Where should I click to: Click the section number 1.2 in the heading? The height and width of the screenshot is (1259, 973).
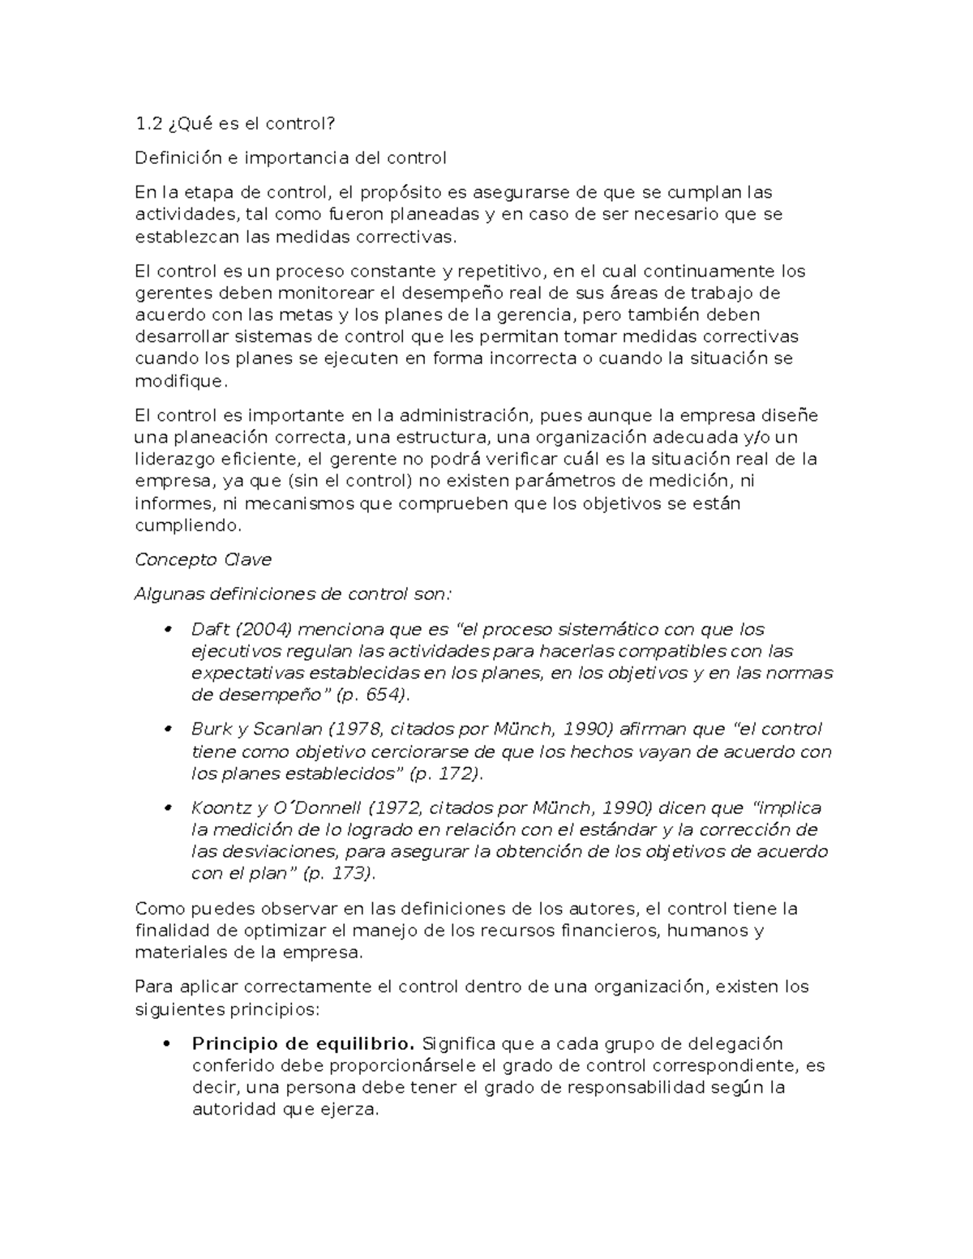pos(148,123)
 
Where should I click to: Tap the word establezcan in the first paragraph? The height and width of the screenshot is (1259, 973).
pos(179,237)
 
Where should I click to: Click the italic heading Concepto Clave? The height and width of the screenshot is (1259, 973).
pos(203,560)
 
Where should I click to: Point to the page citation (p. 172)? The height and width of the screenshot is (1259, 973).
pos(445,773)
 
